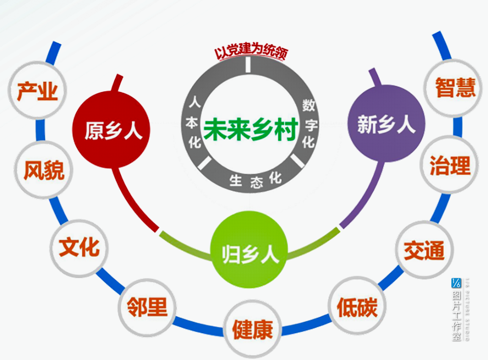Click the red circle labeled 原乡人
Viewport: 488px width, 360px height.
[111, 129]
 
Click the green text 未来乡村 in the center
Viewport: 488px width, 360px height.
[250, 130]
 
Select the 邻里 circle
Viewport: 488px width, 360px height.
[146, 306]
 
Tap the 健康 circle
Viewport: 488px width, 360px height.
[252, 328]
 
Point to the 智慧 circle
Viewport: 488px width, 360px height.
[455, 88]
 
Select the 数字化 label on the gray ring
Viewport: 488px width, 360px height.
[308, 123]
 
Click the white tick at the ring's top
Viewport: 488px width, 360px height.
[248, 65]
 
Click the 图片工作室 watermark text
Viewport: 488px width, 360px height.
[456, 315]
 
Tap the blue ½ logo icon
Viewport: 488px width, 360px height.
[456, 282]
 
